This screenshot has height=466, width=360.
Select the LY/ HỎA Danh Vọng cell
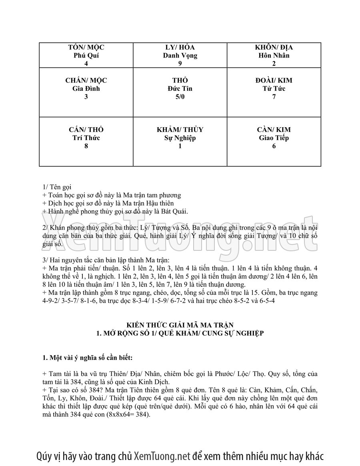(180, 55)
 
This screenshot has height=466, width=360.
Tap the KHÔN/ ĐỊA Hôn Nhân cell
(274, 55)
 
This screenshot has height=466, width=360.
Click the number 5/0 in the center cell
(180, 97)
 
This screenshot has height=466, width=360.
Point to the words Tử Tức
(274, 88)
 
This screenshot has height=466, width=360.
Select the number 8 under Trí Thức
(86, 146)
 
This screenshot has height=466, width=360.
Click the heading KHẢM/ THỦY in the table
(180, 130)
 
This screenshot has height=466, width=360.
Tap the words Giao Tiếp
(274, 138)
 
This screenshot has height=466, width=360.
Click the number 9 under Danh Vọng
(180, 63)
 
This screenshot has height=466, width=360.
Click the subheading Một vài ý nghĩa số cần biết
(86, 357)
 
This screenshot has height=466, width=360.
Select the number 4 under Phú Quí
(86, 63)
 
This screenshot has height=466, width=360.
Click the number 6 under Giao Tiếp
(274, 146)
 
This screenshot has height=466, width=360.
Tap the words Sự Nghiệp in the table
(180, 138)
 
